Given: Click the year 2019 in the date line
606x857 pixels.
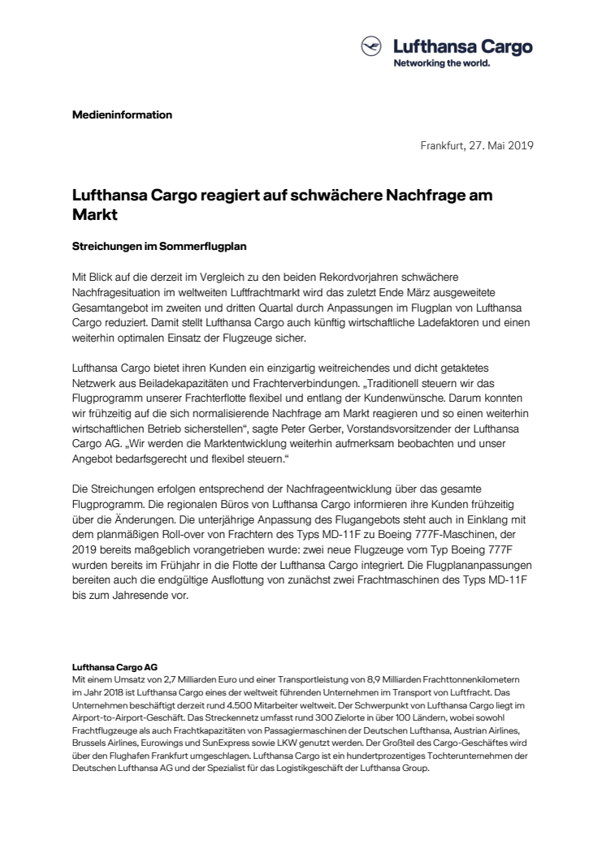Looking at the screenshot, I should (517, 147).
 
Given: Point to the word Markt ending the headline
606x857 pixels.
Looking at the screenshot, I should (93, 216).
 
